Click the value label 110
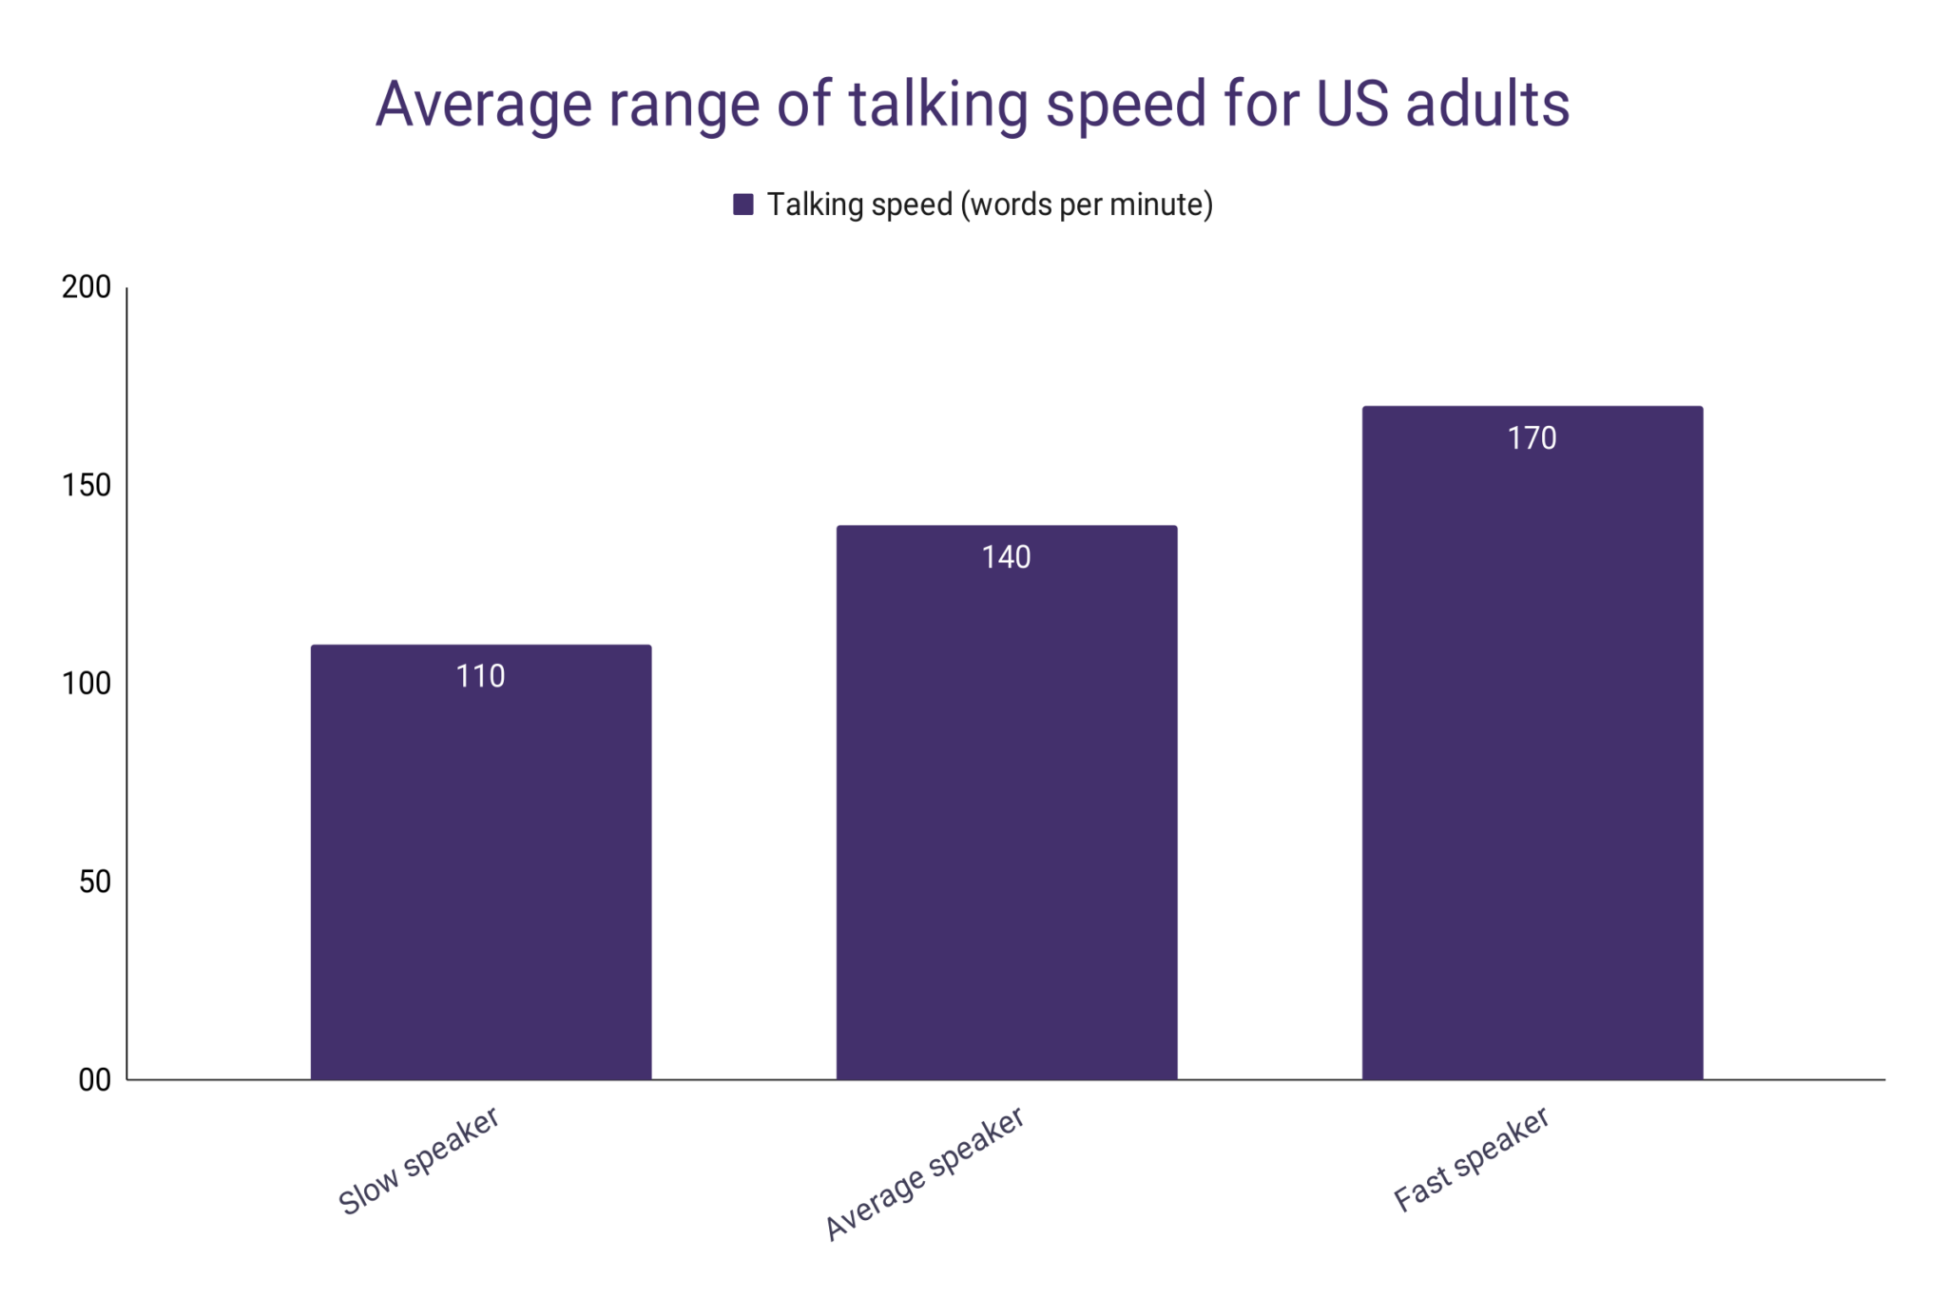point(481,676)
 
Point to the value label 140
point(1006,557)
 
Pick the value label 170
point(1532,438)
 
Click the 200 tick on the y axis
point(87,287)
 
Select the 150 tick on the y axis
point(87,486)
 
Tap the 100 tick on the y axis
point(87,684)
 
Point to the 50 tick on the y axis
point(95,882)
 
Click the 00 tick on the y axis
point(95,1080)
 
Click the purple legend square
point(743,204)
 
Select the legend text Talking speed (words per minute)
point(990,204)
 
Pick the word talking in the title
point(938,105)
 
